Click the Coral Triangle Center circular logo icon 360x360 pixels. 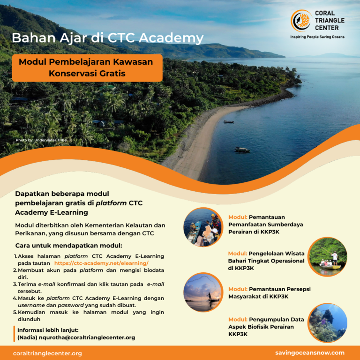coord(300,21)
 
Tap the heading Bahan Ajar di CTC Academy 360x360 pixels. coord(107,38)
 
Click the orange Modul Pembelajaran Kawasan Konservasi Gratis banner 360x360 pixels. coord(87,67)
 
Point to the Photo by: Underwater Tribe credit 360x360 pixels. coord(41,140)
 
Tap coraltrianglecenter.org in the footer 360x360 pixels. coord(47,353)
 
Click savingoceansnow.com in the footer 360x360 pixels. coord(310,353)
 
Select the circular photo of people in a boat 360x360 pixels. coord(202,227)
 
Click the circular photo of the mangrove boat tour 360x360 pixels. coord(328,257)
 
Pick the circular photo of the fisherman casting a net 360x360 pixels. coord(202,292)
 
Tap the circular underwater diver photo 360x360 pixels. coord(328,323)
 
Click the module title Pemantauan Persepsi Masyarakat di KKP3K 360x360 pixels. coord(269,293)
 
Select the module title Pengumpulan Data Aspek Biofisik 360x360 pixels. coord(266,327)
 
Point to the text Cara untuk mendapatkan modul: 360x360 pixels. coord(68,246)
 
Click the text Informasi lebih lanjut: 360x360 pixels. coord(48,330)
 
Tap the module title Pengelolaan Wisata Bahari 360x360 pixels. coord(266,261)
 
